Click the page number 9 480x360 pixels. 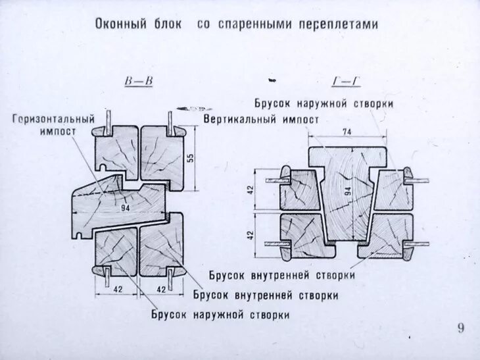pos(460,328)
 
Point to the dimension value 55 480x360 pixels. pos(191,158)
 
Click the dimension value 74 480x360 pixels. pos(347,132)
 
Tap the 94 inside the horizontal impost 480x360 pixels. pos(126,207)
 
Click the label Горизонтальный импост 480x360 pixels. pos(53,125)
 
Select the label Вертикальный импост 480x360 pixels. pos(261,120)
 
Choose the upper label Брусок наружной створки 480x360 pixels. pos(324,103)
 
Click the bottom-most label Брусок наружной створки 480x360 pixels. pos(220,315)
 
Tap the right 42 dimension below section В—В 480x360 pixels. pos(160,288)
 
